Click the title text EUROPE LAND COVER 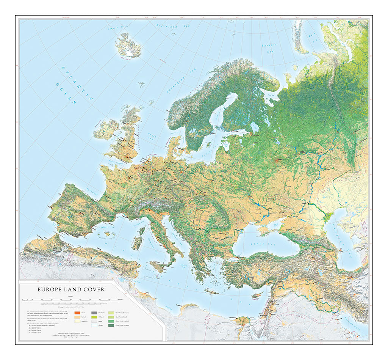click(71, 289)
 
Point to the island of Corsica click(142, 231)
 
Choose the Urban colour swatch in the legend click(78, 313)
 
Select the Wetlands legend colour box click(95, 317)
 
